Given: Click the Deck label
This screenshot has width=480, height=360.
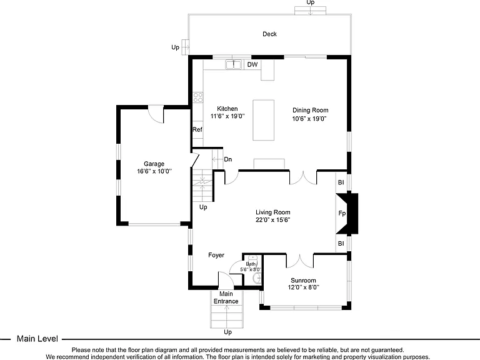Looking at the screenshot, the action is point(269,34).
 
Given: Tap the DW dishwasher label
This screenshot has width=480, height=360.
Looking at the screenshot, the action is point(252,64).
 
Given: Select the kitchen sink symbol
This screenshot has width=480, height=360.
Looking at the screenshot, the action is point(233,64).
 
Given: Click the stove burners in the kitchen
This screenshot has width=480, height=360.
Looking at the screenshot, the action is point(197,97).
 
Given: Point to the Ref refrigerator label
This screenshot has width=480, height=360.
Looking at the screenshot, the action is point(197,129).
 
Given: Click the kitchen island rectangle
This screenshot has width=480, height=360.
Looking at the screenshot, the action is point(263,120).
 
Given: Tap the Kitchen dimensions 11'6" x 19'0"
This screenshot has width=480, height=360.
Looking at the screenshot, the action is point(227,116).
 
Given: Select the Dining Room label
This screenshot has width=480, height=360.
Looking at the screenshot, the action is point(311,110).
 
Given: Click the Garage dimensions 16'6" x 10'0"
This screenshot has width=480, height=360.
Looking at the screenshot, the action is point(154,171).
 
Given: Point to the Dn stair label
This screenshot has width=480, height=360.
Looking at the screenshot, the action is point(228,159).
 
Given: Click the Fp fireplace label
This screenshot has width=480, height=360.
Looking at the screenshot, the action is point(342,213).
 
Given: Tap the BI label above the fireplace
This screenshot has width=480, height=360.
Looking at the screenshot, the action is point(341,182).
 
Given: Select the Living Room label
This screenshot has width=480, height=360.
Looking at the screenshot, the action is point(272,212).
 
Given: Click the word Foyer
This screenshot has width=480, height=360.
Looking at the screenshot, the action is point(216,255).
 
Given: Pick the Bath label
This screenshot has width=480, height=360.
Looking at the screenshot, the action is point(251,264).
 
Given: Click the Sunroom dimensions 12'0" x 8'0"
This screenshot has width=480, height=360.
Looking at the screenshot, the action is point(303,287).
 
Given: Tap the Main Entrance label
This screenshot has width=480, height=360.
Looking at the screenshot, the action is point(226,297).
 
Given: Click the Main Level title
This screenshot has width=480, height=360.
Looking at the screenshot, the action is point(37,339).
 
